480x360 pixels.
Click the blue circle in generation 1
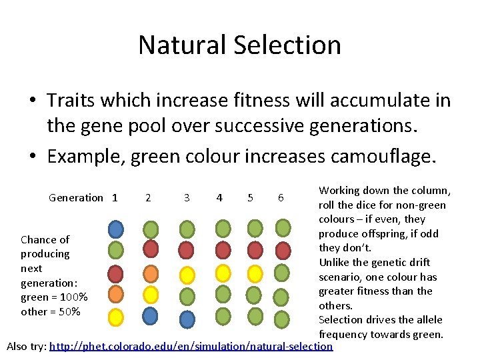[x=116, y=229]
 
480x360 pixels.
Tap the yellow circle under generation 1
[x=116, y=316]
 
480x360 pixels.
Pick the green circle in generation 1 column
[x=116, y=251]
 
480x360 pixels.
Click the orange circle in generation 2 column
[x=151, y=273]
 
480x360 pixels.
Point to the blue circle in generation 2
[x=151, y=315]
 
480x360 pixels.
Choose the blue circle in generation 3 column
[x=187, y=319]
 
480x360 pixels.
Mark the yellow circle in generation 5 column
[x=254, y=273]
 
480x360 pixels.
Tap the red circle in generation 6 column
[x=283, y=251]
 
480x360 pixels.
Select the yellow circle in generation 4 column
[x=223, y=273]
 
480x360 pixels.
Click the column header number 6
[x=281, y=197]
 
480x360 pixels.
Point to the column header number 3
[x=187, y=197]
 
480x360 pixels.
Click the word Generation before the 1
[x=76, y=197]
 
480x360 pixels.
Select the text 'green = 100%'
[x=54, y=297]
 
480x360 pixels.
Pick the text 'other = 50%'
[x=51, y=311]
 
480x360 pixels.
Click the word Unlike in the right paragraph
[x=337, y=262]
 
